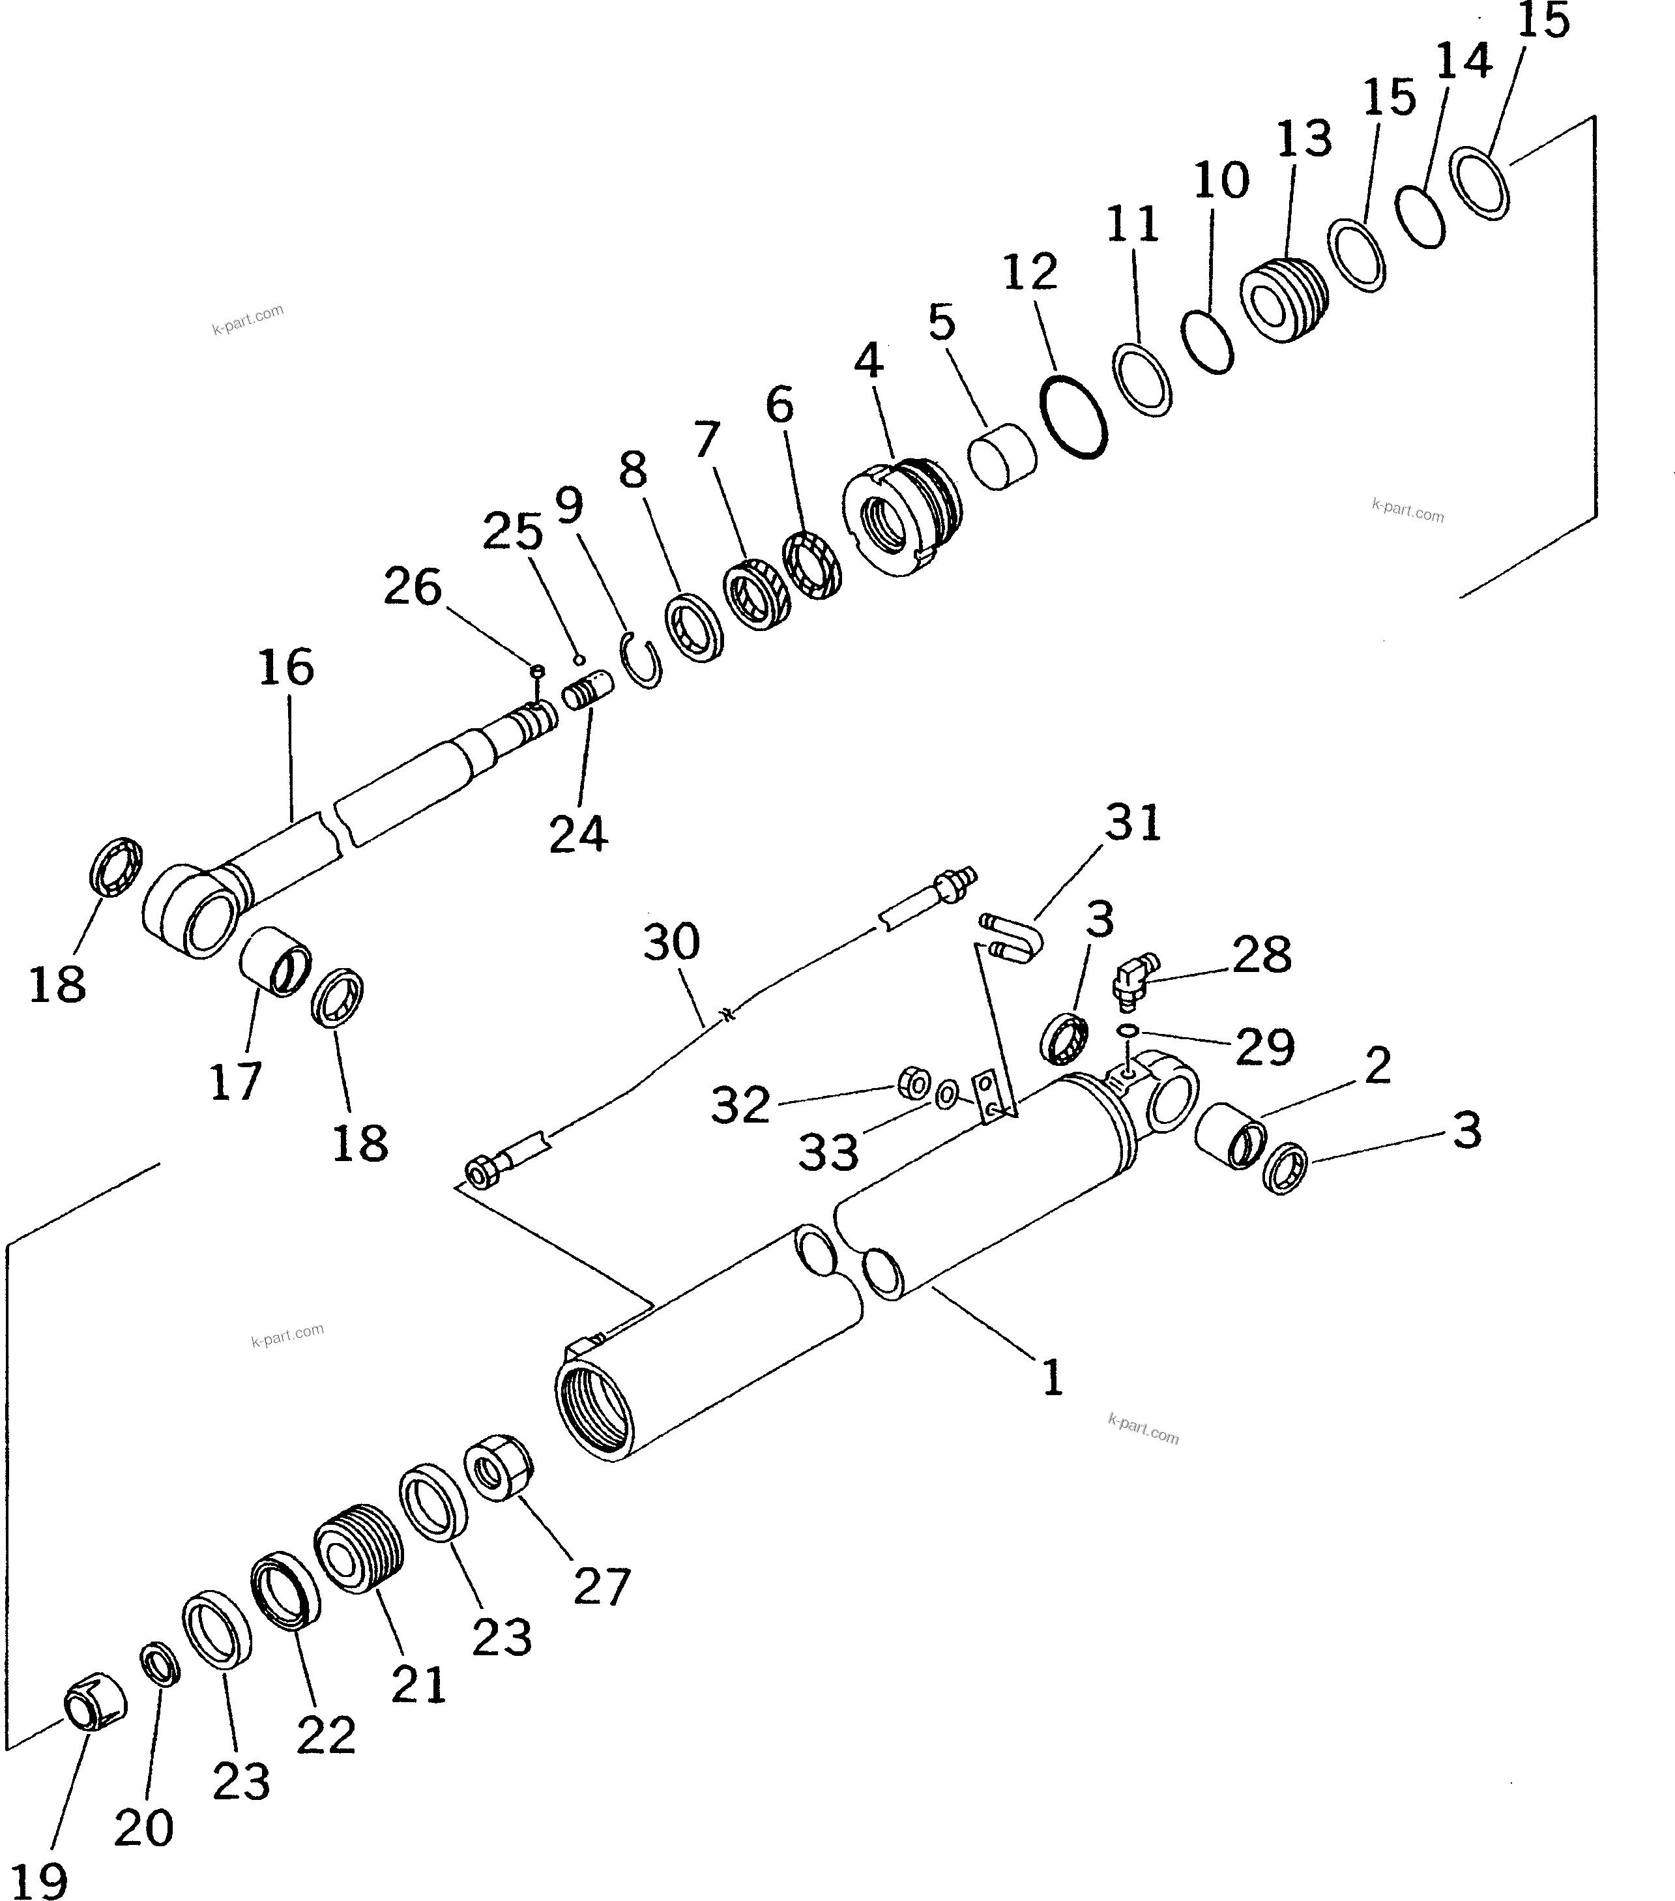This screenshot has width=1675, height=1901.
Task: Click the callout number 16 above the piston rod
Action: [x=285, y=668]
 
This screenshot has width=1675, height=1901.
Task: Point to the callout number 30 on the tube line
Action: [x=671, y=942]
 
